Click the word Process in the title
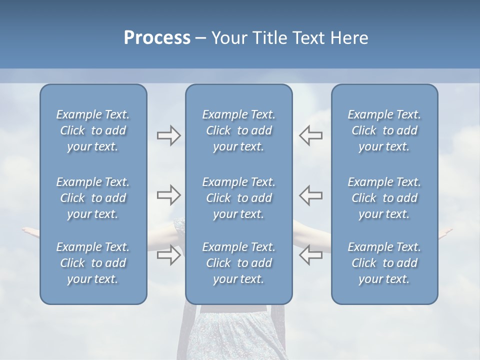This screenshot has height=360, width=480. tap(157, 38)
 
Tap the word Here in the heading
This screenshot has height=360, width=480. tap(349, 38)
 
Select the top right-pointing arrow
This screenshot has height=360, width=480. tap(168, 135)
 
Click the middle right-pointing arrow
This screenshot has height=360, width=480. tap(168, 195)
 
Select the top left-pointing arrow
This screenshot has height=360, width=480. tap(311, 135)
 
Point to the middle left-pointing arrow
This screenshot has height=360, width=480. tap(311, 195)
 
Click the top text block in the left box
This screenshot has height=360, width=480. tap(93, 130)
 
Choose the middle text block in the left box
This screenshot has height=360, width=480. tap(93, 198)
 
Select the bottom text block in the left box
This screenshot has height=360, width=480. tap(93, 263)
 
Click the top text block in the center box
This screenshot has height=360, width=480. tap(238, 130)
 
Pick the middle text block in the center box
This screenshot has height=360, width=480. tap(238, 198)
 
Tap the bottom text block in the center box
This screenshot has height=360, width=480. tap(238, 263)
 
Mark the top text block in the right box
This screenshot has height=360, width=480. tap(384, 130)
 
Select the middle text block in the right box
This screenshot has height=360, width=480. tap(384, 198)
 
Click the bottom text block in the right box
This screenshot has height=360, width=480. tap(384, 263)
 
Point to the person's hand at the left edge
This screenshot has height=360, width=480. tap(30, 231)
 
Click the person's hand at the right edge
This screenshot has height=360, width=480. tap(445, 233)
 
